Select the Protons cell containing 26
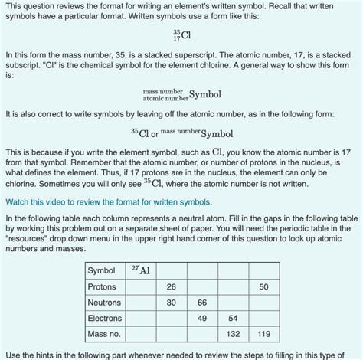(x=170, y=286)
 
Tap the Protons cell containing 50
(x=263, y=286)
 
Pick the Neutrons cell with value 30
(x=170, y=302)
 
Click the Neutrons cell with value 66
(x=201, y=302)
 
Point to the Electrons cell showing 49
(x=201, y=318)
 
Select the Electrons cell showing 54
(x=233, y=318)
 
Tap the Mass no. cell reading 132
(x=233, y=334)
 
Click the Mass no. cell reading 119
(x=263, y=334)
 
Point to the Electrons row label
(x=105, y=318)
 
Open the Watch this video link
(x=107, y=202)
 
